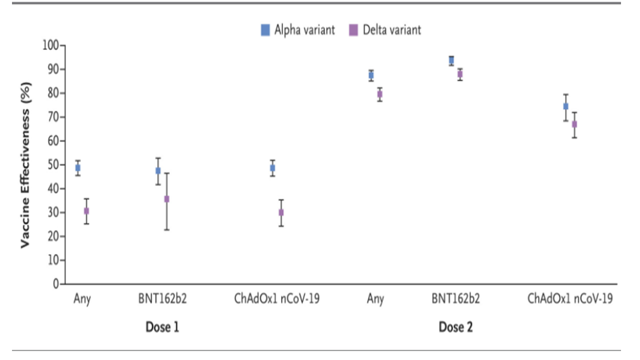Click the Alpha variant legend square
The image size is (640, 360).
click(x=265, y=30)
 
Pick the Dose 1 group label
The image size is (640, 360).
click(x=162, y=327)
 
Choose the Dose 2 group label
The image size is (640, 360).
click(x=455, y=327)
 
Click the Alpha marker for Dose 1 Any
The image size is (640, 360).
click(x=78, y=168)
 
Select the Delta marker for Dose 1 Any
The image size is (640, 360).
click(x=86, y=211)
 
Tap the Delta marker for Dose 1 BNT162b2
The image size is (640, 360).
click(x=166, y=199)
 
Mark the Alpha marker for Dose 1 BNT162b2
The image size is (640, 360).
click(x=158, y=170)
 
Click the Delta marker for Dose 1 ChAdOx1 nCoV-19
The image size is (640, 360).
click(x=281, y=212)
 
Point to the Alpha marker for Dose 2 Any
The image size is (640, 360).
click(x=371, y=75)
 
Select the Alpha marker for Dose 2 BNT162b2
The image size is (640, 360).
click(x=451, y=60)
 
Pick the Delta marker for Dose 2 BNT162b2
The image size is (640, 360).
click(x=460, y=74)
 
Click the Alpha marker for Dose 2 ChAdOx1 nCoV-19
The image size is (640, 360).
click(x=566, y=106)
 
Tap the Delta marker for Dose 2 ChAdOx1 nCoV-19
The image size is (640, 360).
click(x=574, y=124)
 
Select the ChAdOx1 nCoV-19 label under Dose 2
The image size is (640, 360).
click(x=570, y=299)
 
